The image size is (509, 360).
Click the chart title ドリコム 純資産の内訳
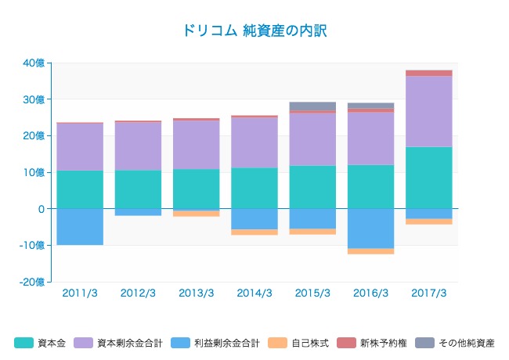click(x=254, y=31)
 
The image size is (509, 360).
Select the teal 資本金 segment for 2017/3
click(x=428, y=178)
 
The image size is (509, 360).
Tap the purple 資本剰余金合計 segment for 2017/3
click(x=428, y=111)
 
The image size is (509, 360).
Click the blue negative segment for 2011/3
click(x=80, y=227)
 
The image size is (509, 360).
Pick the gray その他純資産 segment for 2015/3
click(x=312, y=106)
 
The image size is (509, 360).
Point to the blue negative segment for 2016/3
click(x=370, y=229)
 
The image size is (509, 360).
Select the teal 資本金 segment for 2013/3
click(x=197, y=189)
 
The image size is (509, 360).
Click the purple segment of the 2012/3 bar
click(x=138, y=146)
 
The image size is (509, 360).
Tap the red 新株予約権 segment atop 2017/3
click(x=428, y=73)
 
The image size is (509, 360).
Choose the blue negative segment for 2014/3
click(x=254, y=219)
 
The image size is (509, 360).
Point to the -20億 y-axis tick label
click(x=33, y=282)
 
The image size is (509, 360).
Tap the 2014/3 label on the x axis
click(x=254, y=293)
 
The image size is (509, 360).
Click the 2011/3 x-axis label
click(x=80, y=293)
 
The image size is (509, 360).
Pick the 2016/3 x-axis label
click(x=370, y=293)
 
